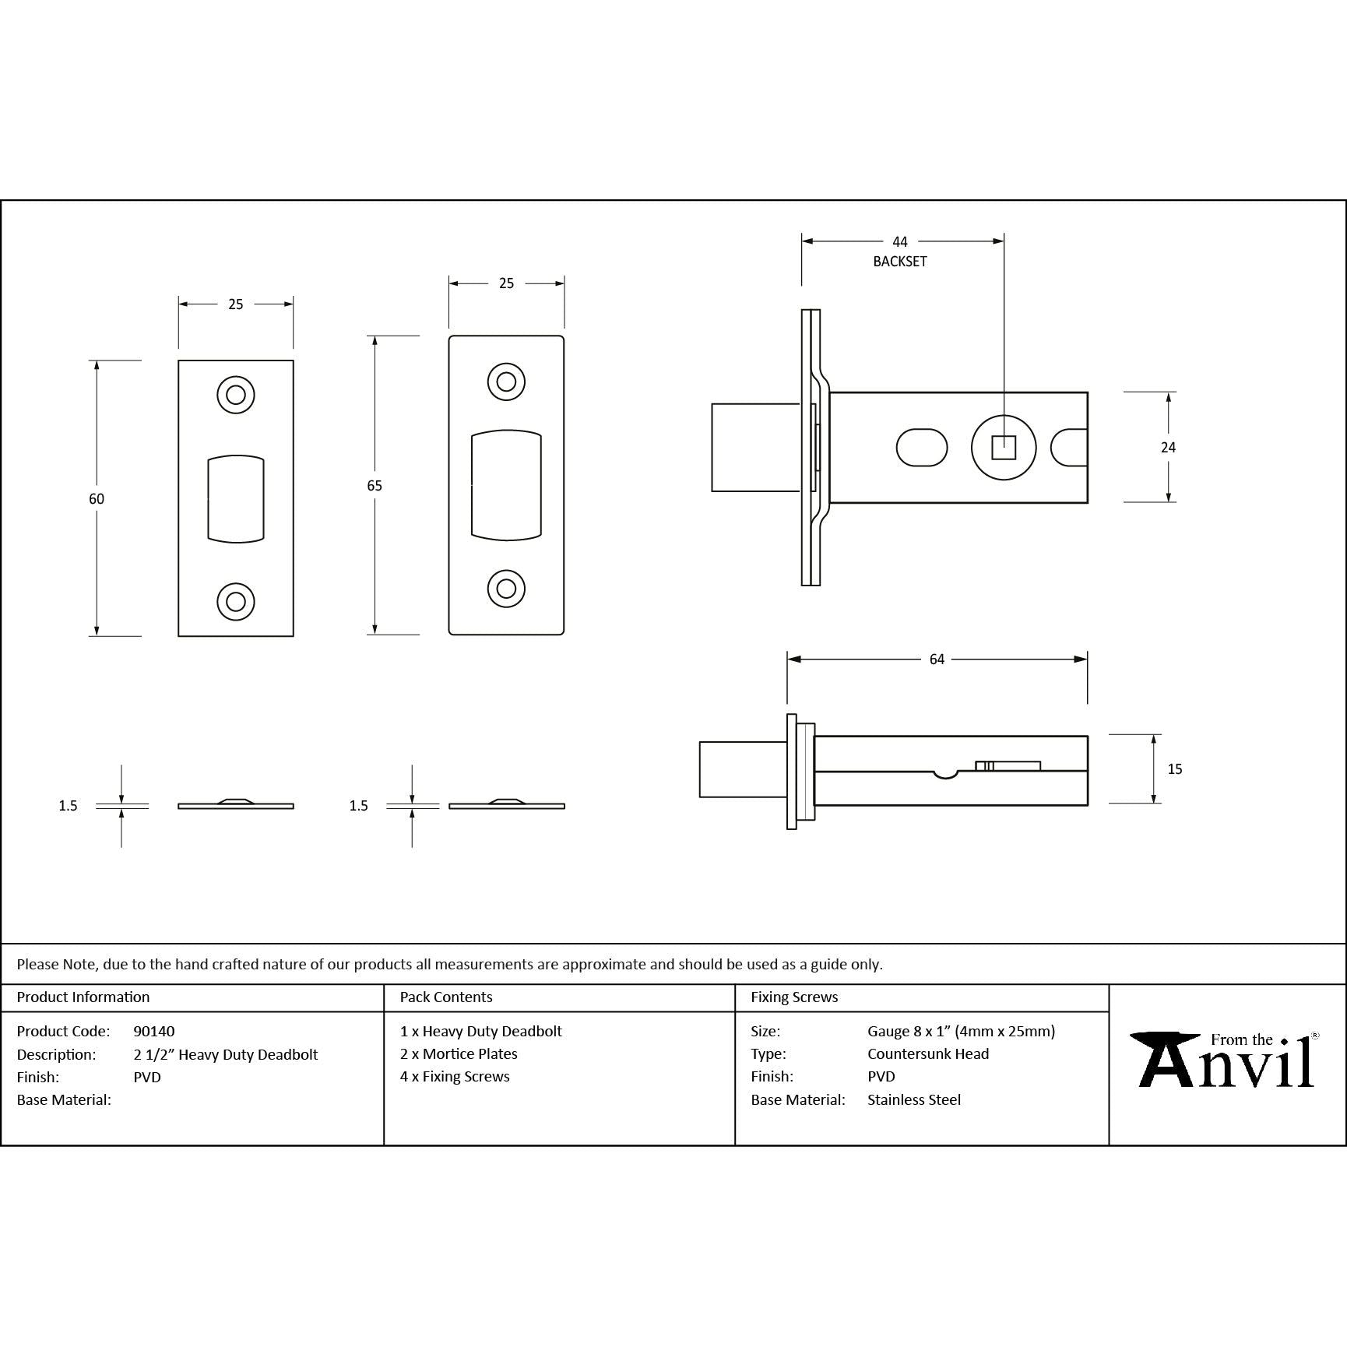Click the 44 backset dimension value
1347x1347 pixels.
click(x=899, y=242)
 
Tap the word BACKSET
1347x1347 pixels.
click(x=900, y=262)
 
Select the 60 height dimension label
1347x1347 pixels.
click(x=96, y=498)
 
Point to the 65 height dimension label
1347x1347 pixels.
click(x=375, y=485)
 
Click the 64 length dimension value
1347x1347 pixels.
click(x=937, y=659)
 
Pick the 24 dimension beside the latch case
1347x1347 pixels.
click(x=1168, y=447)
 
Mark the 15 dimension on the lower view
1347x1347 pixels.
click(x=1175, y=769)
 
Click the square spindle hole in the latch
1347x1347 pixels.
click(x=1004, y=448)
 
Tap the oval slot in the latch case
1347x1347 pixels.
click(x=922, y=447)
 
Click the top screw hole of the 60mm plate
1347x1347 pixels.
click(x=236, y=395)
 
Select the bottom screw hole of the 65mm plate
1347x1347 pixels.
click(x=506, y=589)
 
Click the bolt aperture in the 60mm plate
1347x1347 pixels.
click(x=236, y=498)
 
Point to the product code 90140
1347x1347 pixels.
click(x=154, y=1031)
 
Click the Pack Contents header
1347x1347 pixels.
click(x=446, y=997)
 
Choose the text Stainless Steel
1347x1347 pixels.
click(x=914, y=1099)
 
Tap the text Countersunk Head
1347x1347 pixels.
click(x=928, y=1053)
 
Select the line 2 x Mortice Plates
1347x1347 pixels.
click(x=459, y=1053)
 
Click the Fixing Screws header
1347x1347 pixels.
click(x=794, y=997)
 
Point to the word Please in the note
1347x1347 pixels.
click(x=38, y=964)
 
